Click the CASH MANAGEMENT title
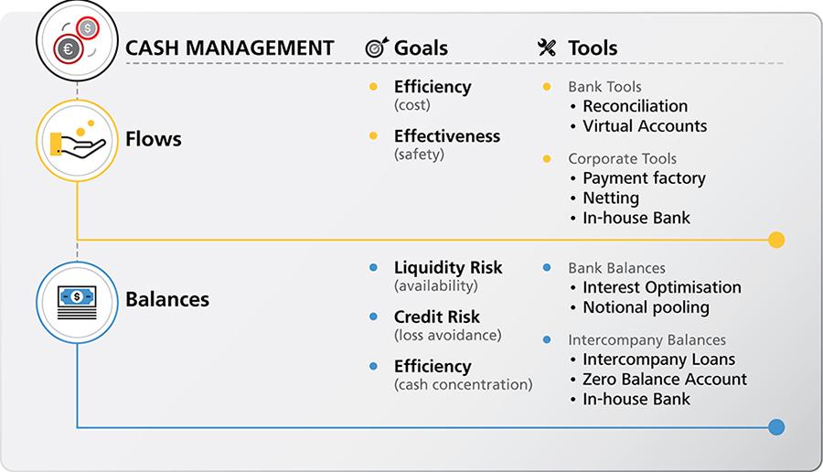229,48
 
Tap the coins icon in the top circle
77,39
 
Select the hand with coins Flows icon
77,140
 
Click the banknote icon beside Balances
77,299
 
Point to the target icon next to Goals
377,48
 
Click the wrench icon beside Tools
547,48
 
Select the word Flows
153,140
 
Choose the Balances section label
166,299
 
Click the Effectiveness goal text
446,136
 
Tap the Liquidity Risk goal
447,268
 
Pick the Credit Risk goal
436,317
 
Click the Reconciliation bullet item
635,106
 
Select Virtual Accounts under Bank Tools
645,126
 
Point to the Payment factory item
644,178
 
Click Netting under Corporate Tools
611,198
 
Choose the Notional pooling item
646,307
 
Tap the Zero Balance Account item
664,379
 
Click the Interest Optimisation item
661,287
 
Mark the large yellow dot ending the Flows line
776,240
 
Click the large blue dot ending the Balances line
776,426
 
